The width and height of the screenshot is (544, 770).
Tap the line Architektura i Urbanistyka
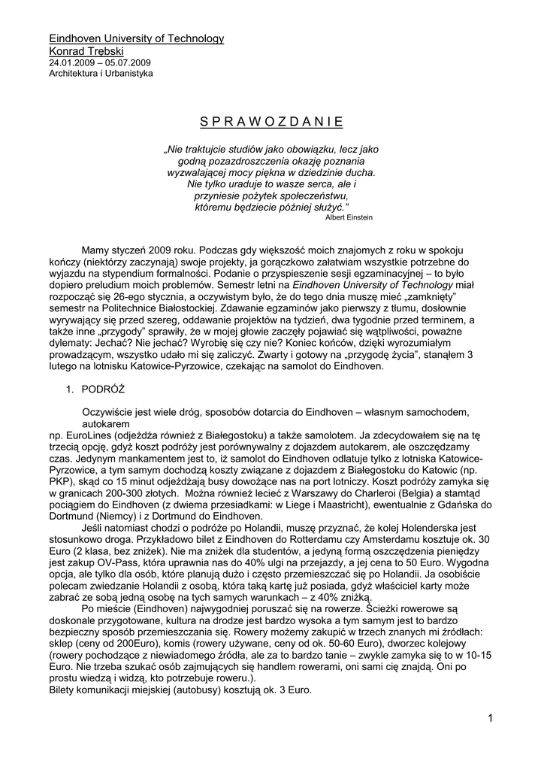click(x=101, y=74)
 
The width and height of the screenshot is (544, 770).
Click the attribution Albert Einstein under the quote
click(x=348, y=217)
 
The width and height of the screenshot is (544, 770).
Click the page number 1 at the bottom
click(x=489, y=720)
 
